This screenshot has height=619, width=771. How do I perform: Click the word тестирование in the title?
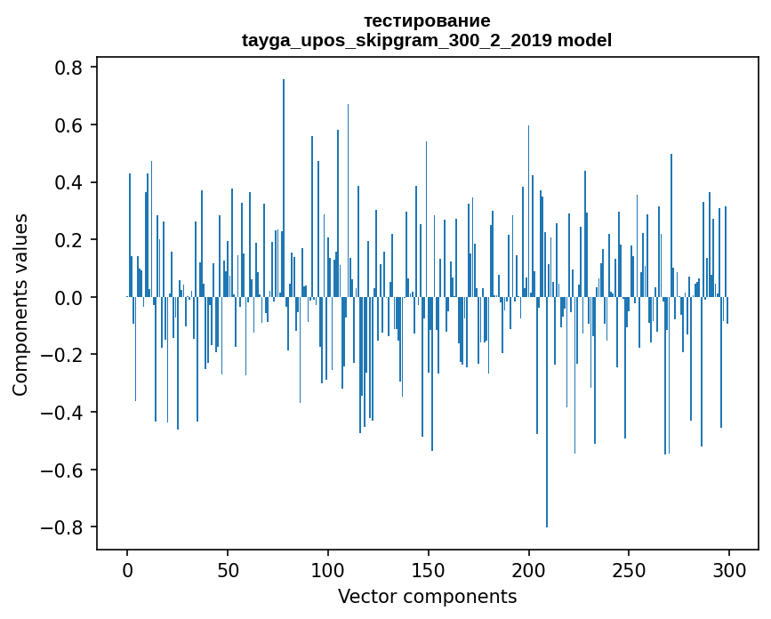pyautogui.click(x=427, y=20)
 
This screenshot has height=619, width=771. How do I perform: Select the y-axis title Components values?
pyautogui.click(x=20, y=304)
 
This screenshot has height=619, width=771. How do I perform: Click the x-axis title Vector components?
pyautogui.click(x=427, y=596)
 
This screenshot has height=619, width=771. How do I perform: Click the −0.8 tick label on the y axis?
pyautogui.click(x=64, y=527)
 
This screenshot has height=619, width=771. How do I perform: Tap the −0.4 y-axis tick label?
pyautogui.click(x=64, y=413)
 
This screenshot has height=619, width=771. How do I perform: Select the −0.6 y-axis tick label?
pyautogui.click(x=64, y=470)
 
